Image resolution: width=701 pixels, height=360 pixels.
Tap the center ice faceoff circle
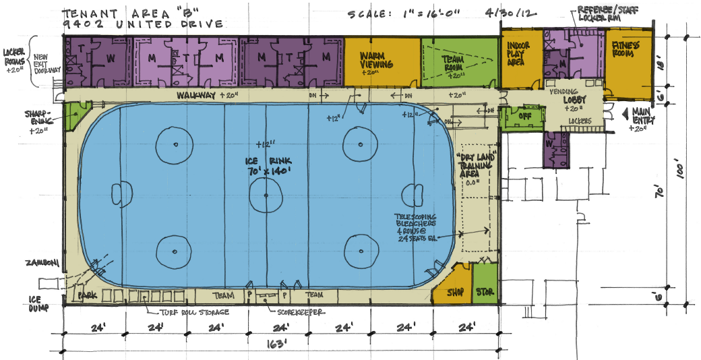(x=266, y=196)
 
